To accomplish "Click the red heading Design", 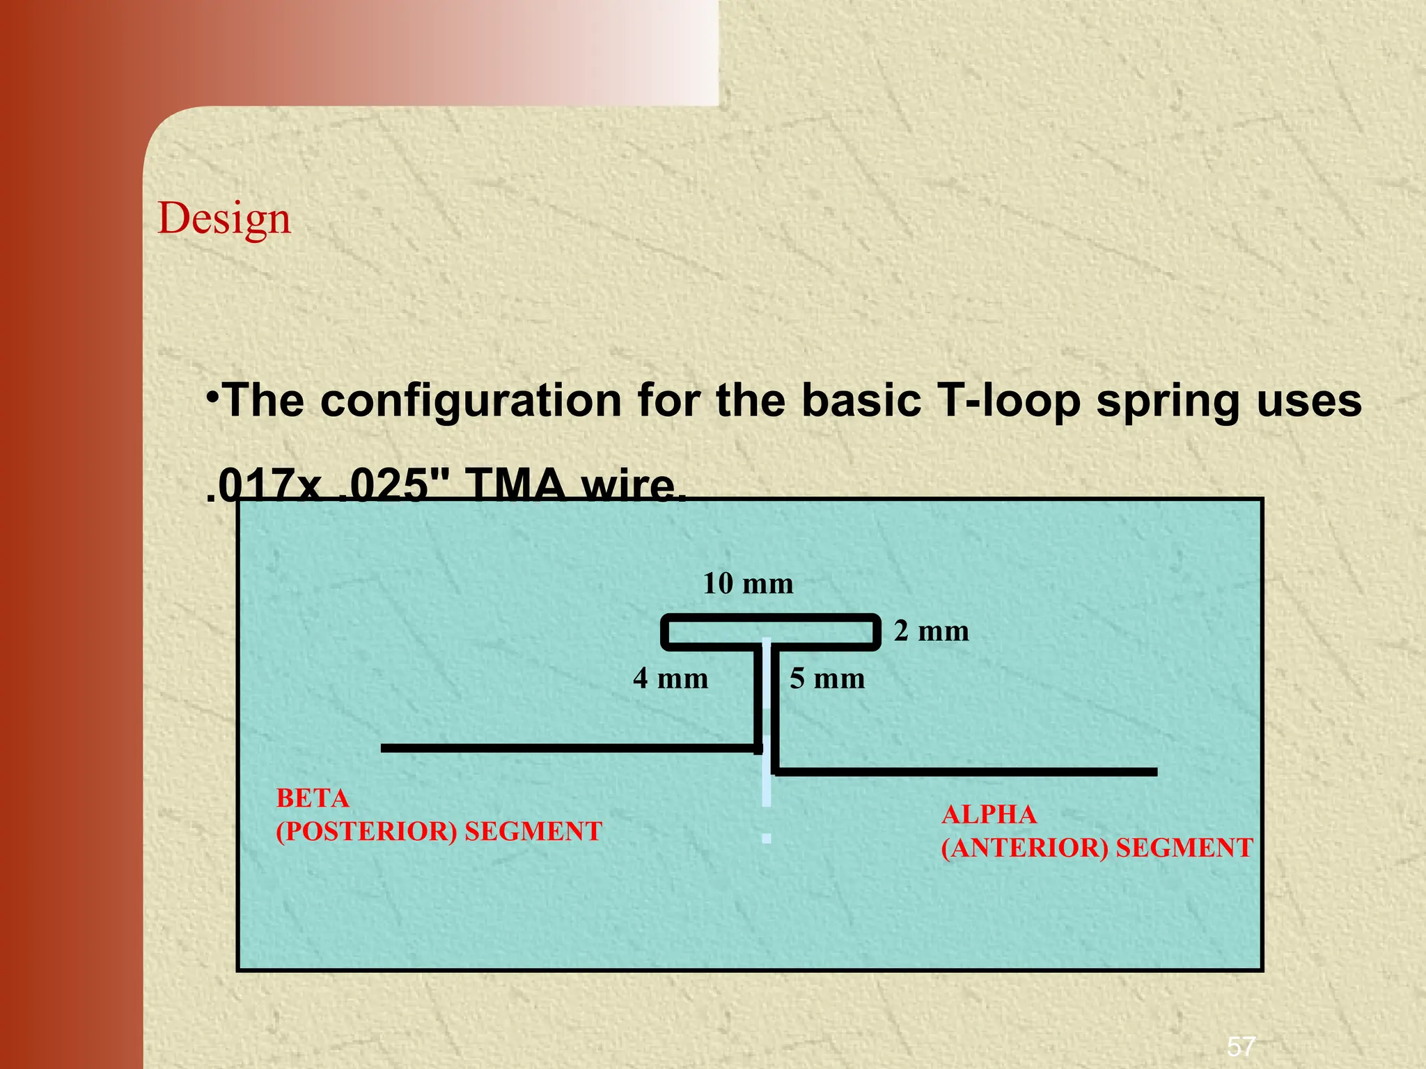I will [x=224, y=219].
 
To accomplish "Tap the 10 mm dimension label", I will [x=748, y=584].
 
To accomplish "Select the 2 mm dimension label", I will [x=931, y=631].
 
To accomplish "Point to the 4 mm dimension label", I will [x=670, y=679].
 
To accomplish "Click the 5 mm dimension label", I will [x=826, y=679].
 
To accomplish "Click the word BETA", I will [x=313, y=798].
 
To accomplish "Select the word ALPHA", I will [x=989, y=815].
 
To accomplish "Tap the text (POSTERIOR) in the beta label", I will [x=366, y=832].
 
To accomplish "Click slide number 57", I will [x=1241, y=1046].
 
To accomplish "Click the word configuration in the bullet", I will [x=471, y=402].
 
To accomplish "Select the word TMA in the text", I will [x=516, y=485].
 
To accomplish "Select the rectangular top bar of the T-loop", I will [x=770, y=617].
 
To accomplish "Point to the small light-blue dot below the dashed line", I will [x=766, y=839].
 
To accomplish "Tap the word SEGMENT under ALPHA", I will [x=1184, y=848].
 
